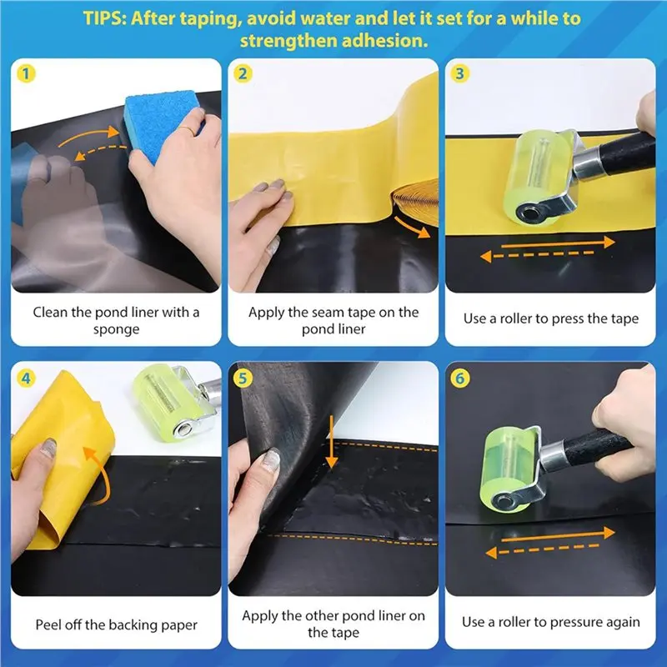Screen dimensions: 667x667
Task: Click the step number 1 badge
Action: tap(26, 74)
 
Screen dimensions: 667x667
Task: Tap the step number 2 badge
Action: tap(243, 74)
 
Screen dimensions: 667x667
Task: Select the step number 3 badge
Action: tap(459, 74)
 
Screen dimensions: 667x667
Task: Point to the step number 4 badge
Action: tap(26, 379)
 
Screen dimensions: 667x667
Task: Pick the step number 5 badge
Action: tap(243, 379)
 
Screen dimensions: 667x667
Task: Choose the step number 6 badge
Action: tap(459, 379)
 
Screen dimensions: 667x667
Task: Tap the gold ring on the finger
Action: tap(187, 130)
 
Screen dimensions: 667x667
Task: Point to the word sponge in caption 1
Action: tap(116, 329)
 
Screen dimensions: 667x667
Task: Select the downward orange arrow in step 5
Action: tap(331, 442)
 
